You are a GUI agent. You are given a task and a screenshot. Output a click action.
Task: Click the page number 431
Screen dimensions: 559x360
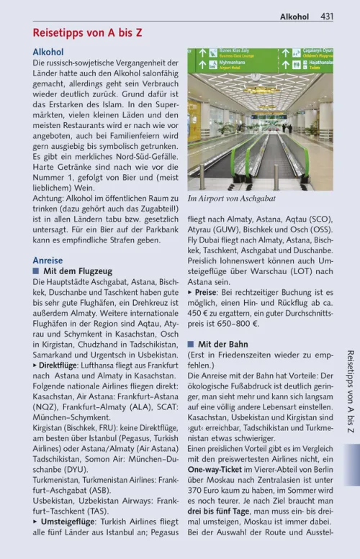point(326,16)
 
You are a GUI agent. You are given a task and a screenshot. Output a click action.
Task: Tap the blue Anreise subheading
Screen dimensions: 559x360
point(48,260)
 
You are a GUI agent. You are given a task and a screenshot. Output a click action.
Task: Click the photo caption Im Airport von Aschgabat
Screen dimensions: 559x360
point(231,199)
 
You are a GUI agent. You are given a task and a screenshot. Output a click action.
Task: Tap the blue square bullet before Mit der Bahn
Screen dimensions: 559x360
point(191,344)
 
